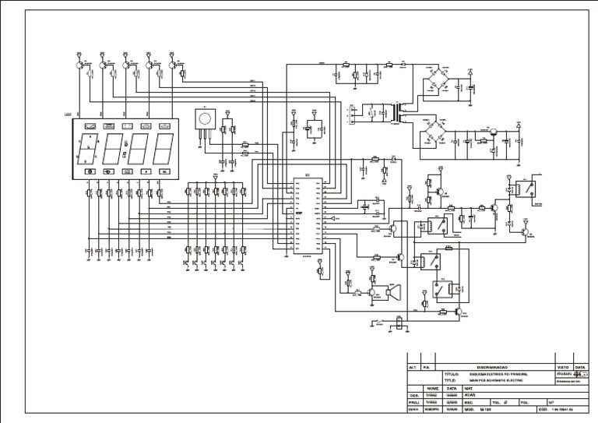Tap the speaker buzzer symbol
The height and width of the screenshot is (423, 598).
click(x=395, y=294)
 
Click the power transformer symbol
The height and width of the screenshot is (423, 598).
click(x=402, y=113)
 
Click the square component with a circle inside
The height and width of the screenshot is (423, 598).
click(x=204, y=118)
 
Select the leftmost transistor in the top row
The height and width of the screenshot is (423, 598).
click(x=80, y=67)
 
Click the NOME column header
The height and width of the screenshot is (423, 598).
click(x=433, y=388)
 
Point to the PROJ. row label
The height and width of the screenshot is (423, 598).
click(x=413, y=402)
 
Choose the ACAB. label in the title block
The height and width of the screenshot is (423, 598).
click(x=470, y=395)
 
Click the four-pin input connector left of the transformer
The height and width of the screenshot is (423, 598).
click(x=353, y=114)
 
